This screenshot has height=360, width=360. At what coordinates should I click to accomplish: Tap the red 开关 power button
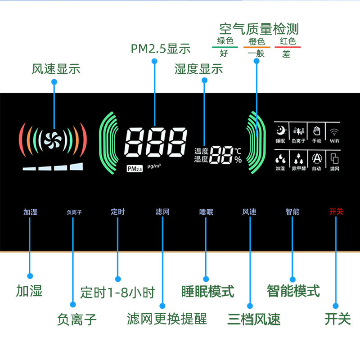click(x=336, y=211)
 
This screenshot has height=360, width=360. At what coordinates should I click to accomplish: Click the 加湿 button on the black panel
click(x=31, y=211)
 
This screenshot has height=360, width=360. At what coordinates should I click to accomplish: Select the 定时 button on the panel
click(x=117, y=211)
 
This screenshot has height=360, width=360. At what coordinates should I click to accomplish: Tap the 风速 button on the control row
click(x=249, y=211)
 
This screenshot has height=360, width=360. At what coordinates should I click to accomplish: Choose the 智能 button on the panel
click(x=292, y=211)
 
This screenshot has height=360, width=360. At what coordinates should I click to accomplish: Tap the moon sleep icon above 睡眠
click(x=281, y=131)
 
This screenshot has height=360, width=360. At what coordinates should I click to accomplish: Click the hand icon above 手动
click(x=317, y=131)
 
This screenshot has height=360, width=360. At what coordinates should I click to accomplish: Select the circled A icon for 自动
click(x=317, y=158)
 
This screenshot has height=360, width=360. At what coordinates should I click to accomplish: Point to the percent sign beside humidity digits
click(x=238, y=159)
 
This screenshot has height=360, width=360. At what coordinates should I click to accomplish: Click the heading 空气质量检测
click(x=259, y=30)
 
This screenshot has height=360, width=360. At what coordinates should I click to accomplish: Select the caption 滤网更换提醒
click(x=167, y=319)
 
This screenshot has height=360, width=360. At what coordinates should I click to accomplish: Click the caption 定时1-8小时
click(x=117, y=292)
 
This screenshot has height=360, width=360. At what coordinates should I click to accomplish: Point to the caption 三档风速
click(x=254, y=319)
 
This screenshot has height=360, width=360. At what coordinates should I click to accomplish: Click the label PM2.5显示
click(x=161, y=49)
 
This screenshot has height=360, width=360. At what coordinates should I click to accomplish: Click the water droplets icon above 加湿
click(x=281, y=158)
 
